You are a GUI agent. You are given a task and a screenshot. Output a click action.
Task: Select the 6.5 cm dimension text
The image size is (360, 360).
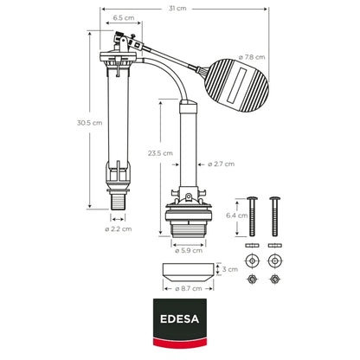(x=123, y=18)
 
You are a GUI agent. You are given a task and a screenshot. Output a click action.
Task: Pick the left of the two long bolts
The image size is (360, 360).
(x=252, y=216)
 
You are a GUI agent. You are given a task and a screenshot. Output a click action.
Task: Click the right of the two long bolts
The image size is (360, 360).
(x=276, y=216)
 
